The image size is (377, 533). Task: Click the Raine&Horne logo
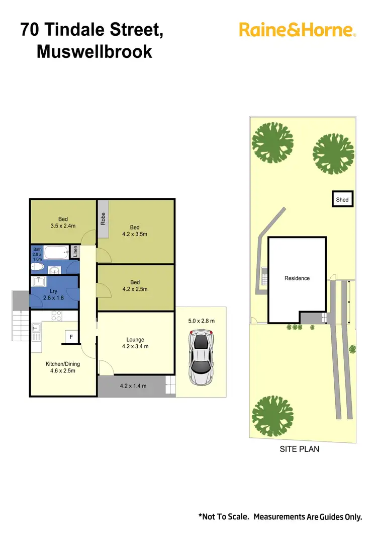click(298, 30)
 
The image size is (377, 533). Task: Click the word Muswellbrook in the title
click(94, 51)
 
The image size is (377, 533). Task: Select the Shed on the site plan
click(342, 199)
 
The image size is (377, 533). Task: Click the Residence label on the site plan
click(297, 278)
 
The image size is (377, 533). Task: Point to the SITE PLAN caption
click(299, 449)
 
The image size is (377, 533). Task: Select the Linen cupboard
click(75, 251)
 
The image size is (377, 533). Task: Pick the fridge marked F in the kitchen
click(71, 337)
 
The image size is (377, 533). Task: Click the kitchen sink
click(36, 330)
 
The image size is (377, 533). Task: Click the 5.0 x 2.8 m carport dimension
click(201, 321)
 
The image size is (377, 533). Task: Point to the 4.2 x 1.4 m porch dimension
click(133, 387)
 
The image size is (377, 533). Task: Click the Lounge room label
click(135, 340)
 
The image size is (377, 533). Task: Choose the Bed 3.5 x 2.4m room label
click(63, 222)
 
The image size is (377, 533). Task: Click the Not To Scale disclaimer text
click(280, 517)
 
